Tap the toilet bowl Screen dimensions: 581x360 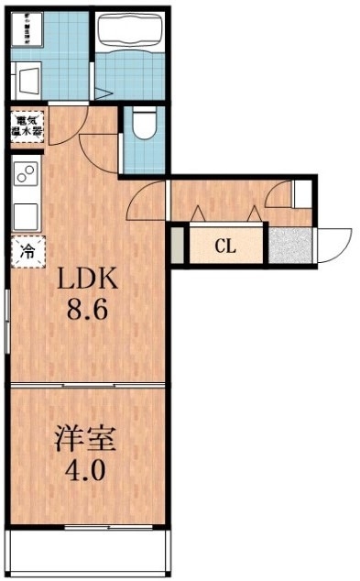pos(144,125)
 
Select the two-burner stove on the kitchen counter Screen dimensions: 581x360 pos(25,173)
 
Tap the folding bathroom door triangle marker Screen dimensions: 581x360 pos(106,91)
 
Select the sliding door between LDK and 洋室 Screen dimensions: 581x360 pos(87,383)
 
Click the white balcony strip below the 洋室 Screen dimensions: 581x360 pos(87,550)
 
